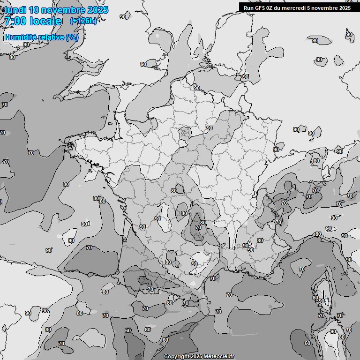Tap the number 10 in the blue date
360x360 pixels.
tap(34, 10)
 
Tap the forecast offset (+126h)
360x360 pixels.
tap(83, 21)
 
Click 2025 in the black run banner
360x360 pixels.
tap(345, 7)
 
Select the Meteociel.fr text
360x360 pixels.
tap(218, 357)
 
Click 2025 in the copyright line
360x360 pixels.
tap(196, 357)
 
